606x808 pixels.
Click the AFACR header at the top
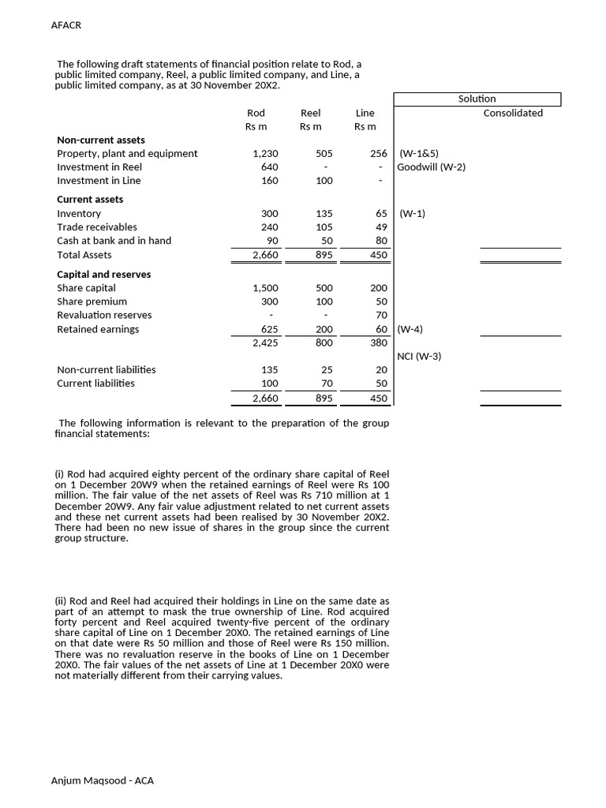pos(66,25)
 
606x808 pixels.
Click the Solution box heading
pos(477,99)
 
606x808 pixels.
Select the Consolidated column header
pos(513,113)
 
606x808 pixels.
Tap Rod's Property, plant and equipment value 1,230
pos(264,154)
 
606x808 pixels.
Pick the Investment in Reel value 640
pos(269,167)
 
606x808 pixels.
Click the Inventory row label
pos(79,214)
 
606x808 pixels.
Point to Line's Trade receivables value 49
pos(381,227)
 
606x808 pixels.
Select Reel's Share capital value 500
pos(324,289)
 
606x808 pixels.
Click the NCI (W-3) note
pos(419,357)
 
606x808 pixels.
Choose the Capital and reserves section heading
pos(104,275)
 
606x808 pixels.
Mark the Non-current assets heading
pos(101,140)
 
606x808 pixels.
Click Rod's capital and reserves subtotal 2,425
pos(264,343)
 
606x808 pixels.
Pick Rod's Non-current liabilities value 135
pos(269,370)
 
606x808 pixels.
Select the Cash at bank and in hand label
pos(114,241)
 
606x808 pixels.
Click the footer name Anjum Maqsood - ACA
pos(103,781)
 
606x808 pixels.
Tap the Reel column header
pos(311,113)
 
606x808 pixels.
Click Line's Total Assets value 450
pos(379,256)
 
